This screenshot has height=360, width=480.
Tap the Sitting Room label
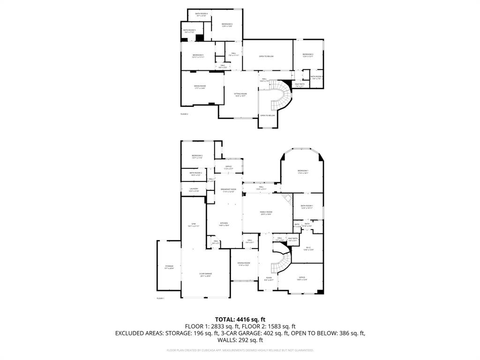240,95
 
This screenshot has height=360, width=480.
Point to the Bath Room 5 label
189,31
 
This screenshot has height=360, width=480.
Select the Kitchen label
224,224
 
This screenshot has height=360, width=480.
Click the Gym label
193,225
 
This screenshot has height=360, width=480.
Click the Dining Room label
244,264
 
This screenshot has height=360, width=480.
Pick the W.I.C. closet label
308,248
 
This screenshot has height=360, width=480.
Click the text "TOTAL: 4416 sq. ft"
240,319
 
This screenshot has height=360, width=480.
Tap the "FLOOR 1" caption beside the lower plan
160,298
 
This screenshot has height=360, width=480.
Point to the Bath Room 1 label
307,207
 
